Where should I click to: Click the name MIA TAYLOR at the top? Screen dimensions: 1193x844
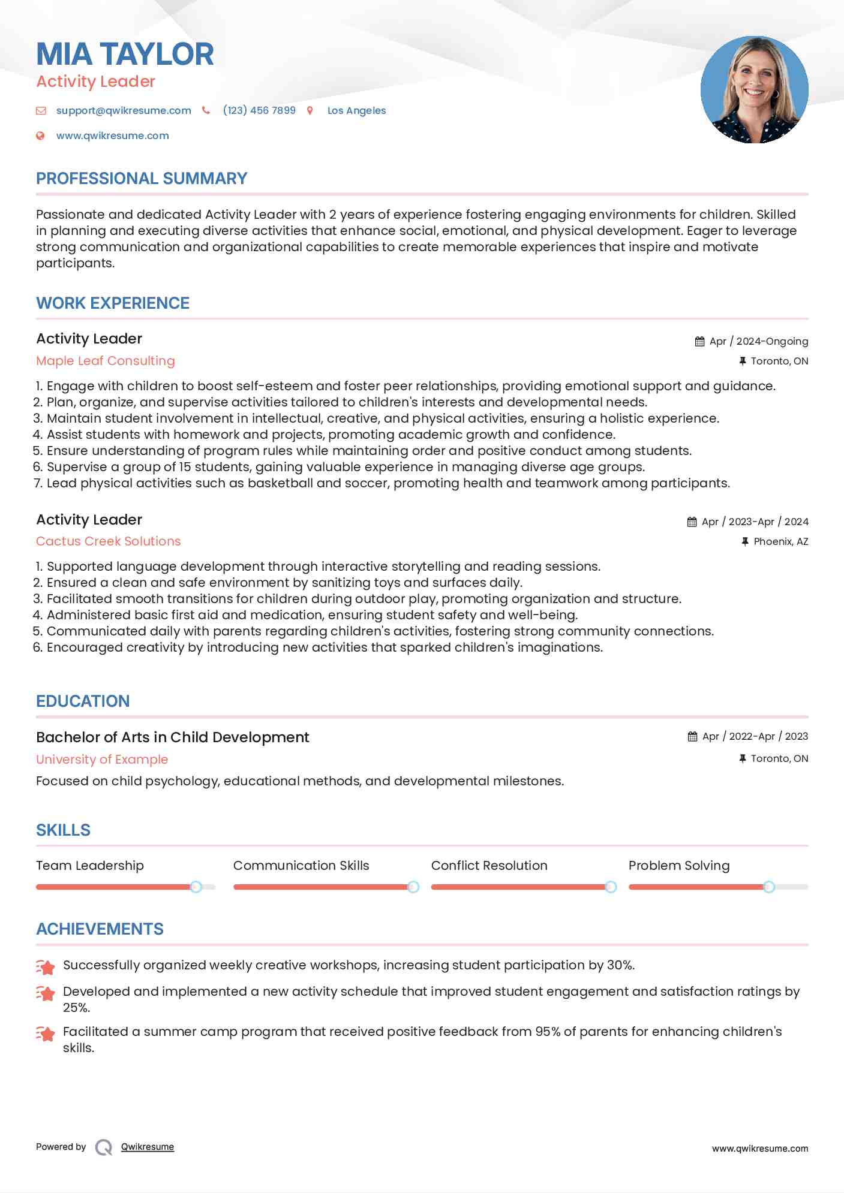[x=125, y=54]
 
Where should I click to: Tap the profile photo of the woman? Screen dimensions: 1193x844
[x=754, y=90]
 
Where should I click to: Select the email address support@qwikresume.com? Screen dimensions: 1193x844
[x=124, y=110]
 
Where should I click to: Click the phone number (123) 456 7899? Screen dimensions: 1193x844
[x=259, y=110]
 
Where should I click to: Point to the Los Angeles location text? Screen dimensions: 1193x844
[x=356, y=110]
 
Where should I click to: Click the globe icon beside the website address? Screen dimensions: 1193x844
[x=41, y=135]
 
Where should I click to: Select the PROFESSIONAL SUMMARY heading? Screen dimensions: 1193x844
[x=142, y=179]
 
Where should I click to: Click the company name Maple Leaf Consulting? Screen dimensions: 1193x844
[x=106, y=361]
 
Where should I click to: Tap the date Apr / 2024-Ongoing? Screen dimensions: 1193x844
[x=758, y=341]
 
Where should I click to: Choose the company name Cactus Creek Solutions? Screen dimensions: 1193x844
[x=108, y=541]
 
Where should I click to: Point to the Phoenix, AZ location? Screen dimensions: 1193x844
[x=780, y=541]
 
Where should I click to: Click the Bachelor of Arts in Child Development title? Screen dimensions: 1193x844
[x=173, y=737]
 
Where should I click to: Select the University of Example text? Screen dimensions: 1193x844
[x=102, y=760]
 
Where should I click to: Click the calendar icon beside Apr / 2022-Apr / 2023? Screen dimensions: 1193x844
[x=692, y=736]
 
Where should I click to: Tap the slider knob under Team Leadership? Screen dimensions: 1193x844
[x=196, y=887]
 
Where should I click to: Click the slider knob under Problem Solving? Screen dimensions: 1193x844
[x=769, y=887]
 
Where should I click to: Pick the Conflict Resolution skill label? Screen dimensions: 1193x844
[x=489, y=866]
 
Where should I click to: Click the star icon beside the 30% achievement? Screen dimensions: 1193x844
[x=46, y=966]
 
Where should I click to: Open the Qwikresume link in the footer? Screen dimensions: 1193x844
[x=148, y=1147]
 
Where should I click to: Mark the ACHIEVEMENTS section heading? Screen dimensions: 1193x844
[x=100, y=929]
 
